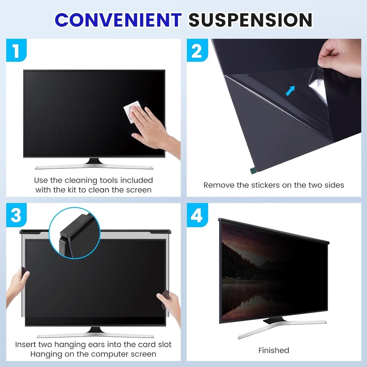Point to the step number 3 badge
16,215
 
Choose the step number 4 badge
197,215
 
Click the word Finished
273,350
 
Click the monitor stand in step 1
94,164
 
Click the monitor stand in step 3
95,332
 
